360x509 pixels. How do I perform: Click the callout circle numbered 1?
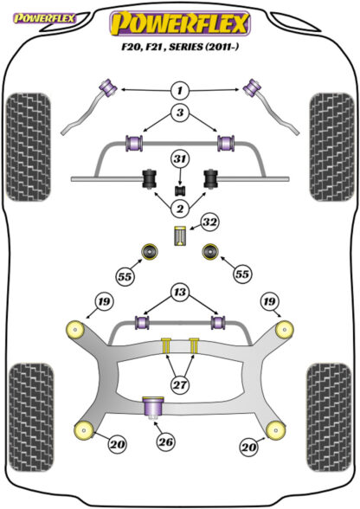(x=180, y=90)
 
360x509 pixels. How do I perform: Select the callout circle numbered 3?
(x=180, y=113)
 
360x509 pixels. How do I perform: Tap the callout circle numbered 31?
(x=180, y=159)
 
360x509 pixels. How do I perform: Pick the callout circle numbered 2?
(x=180, y=208)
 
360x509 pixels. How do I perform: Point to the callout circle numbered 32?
(x=210, y=222)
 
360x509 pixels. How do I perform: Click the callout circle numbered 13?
(x=180, y=293)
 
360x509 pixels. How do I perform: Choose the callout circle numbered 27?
(x=180, y=385)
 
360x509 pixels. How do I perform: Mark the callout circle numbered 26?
(x=165, y=441)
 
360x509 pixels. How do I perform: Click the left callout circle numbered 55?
(x=125, y=277)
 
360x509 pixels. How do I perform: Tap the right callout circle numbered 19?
(x=269, y=301)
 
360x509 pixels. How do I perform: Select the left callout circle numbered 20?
(x=117, y=443)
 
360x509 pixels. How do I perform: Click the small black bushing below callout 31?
(x=180, y=190)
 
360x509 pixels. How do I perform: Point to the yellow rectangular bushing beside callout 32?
(x=179, y=235)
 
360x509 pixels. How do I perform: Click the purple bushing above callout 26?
(x=153, y=407)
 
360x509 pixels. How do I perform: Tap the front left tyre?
(x=29, y=147)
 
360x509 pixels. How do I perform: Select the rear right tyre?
(x=329, y=417)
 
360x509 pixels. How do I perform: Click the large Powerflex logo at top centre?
(x=180, y=23)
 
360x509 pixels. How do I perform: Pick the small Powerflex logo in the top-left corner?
(x=44, y=18)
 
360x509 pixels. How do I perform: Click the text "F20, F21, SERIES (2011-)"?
(x=180, y=47)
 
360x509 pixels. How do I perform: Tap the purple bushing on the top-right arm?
(x=253, y=87)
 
